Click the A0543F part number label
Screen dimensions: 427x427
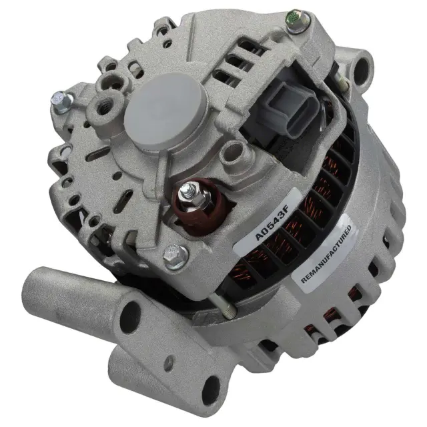(268, 222)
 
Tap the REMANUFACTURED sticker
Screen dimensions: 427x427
(324, 253)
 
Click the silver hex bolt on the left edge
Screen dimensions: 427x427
(61, 101)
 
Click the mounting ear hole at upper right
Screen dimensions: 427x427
(362, 69)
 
